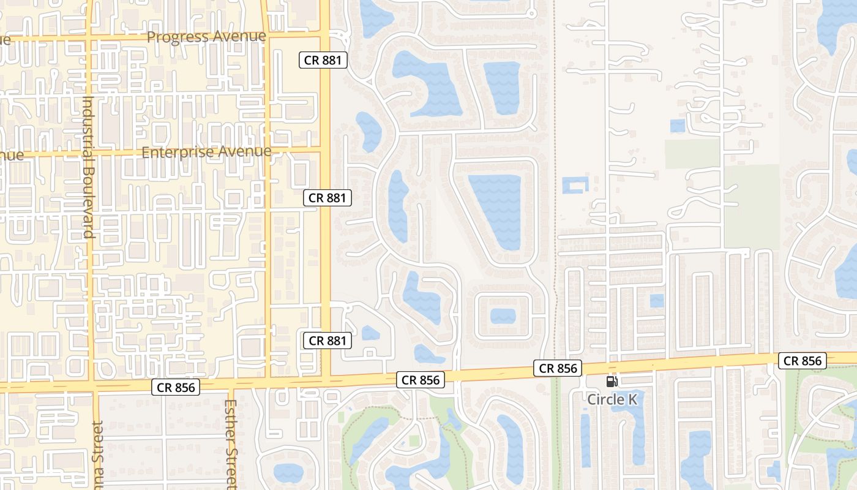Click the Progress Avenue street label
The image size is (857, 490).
coord(206,37)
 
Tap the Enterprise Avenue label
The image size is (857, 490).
coord(206,152)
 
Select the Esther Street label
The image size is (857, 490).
coord(231,444)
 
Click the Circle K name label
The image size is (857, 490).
coord(613,399)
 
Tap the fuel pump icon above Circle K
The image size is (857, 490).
coord(612,382)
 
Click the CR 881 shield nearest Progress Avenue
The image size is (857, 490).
coord(323,60)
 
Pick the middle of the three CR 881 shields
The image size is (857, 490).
coord(327,198)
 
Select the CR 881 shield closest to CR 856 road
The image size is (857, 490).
coord(327,341)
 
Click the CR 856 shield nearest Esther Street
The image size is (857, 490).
coord(176,387)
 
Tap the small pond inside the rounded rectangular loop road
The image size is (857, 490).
coord(503,316)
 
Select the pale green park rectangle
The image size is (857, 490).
coord(692,154)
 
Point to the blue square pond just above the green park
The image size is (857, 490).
coord(677,126)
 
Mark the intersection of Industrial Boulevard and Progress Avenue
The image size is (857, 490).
coord(89,38)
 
